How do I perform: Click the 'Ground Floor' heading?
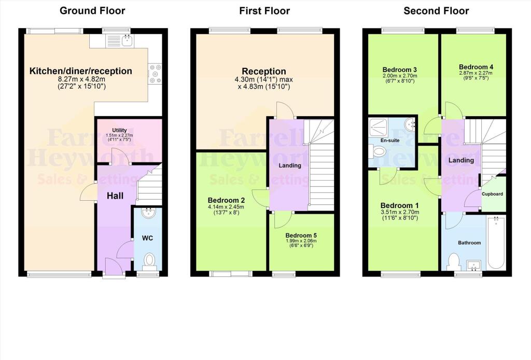92,10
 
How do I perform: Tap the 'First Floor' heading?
264,10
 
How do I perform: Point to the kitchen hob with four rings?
155,73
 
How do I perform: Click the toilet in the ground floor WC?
148,259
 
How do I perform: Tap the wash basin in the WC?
148,213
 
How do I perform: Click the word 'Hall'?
115,196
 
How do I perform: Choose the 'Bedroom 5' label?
301,235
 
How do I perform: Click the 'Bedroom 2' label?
226,200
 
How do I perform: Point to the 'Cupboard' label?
492,194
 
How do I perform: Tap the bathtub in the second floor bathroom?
496,243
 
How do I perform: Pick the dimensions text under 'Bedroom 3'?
400,78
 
